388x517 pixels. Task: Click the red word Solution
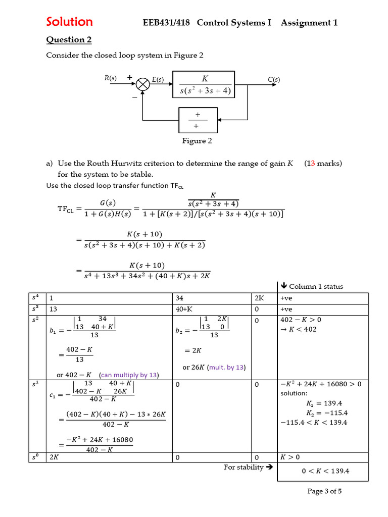point(69,22)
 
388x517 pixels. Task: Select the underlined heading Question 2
point(69,39)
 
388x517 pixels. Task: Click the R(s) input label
point(110,78)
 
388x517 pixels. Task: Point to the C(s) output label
point(274,79)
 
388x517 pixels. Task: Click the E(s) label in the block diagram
point(158,79)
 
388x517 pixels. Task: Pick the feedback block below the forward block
point(198,120)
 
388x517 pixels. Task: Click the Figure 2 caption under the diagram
point(197,141)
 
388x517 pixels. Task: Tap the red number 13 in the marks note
point(311,163)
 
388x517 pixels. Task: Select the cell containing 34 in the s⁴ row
point(179,298)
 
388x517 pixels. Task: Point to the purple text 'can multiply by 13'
point(129,375)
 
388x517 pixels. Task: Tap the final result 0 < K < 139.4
point(325,471)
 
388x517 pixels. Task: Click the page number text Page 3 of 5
point(324,491)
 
